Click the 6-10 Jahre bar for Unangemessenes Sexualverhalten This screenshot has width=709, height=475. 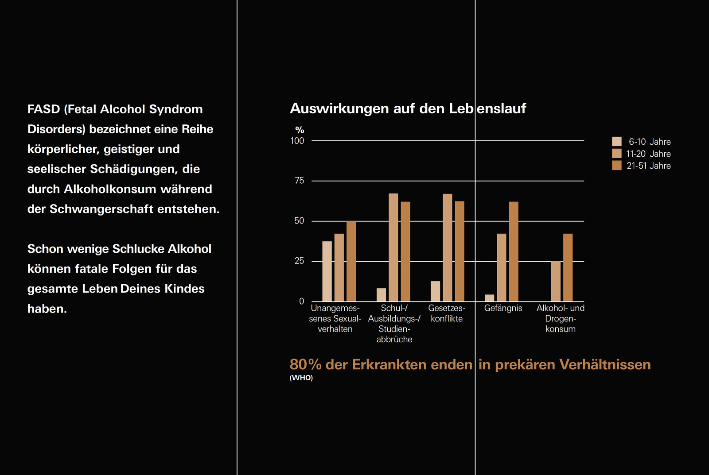pyautogui.click(x=327, y=271)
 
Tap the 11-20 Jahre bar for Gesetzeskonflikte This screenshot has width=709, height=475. pyautogui.click(x=448, y=247)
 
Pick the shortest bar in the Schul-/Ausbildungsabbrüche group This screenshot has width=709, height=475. pyautogui.click(x=381, y=295)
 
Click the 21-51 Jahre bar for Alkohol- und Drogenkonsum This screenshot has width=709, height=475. pyautogui.click(x=568, y=267)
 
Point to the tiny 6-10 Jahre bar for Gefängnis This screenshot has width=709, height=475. pyautogui.click(x=489, y=298)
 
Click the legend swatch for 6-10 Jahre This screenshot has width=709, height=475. pyautogui.click(x=617, y=142)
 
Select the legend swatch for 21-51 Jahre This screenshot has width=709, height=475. pyautogui.click(x=617, y=166)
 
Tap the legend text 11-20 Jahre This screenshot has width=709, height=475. pyautogui.click(x=648, y=154)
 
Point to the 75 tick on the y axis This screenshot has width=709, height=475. pyautogui.click(x=299, y=181)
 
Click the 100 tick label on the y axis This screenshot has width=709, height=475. pyautogui.click(x=297, y=141)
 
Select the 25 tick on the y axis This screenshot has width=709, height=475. pyautogui.click(x=299, y=261)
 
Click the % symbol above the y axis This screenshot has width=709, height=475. pyautogui.click(x=300, y=130)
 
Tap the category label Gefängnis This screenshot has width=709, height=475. pyautogui.click(x=503, y=308)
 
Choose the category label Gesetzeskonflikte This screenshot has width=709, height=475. pyautogui.click(x=447, y=313)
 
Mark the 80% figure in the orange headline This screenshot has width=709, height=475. pyautogui.click(x=305, y=364)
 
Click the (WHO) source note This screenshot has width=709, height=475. pyautogui.click(x=301, y=378)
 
